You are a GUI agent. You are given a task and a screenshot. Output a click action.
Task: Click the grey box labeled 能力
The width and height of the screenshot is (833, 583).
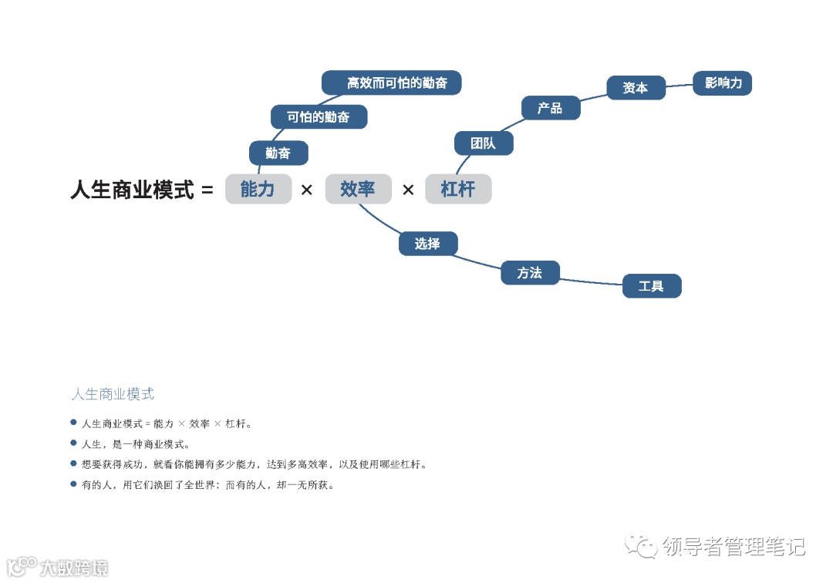(258, 189)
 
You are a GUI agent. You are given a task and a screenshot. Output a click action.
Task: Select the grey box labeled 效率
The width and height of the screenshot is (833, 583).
(358, 189)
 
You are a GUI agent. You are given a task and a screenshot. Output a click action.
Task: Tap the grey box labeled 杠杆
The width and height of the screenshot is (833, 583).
(458, 189)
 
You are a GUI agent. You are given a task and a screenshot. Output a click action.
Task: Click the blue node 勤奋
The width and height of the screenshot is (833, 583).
(278, 153)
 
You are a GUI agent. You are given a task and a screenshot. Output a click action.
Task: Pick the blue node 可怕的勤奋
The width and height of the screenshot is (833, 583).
(319, 117)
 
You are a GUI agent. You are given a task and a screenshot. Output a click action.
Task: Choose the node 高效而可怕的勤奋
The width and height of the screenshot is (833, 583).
(391, 83)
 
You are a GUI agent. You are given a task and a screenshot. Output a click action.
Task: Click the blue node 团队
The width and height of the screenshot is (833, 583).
(483, 143)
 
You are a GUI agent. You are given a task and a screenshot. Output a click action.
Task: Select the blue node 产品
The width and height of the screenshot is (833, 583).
(550, 108)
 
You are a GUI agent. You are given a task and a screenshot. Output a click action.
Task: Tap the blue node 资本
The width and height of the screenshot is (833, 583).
(636, 88)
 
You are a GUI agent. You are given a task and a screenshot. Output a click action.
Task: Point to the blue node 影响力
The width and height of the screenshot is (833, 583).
(723, 83)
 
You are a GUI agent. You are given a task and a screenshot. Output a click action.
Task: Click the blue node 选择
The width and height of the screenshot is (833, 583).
(428, 244)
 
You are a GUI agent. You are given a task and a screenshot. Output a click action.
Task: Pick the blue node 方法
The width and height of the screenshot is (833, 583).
(530, 273)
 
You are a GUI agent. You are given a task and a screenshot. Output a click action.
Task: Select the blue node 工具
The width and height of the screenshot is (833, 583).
(652, 286)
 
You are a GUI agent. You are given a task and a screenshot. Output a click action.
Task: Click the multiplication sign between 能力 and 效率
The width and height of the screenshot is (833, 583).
(307, 190)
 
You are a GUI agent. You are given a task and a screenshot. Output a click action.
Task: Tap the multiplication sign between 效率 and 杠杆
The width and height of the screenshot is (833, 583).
(408, 190)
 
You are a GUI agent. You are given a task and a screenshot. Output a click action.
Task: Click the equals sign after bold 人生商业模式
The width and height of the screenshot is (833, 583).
(207, 190)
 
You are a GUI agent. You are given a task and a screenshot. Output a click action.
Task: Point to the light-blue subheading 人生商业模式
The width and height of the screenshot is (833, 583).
(113, 394)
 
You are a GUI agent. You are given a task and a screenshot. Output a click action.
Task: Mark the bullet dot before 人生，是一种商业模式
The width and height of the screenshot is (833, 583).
(74, 443)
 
